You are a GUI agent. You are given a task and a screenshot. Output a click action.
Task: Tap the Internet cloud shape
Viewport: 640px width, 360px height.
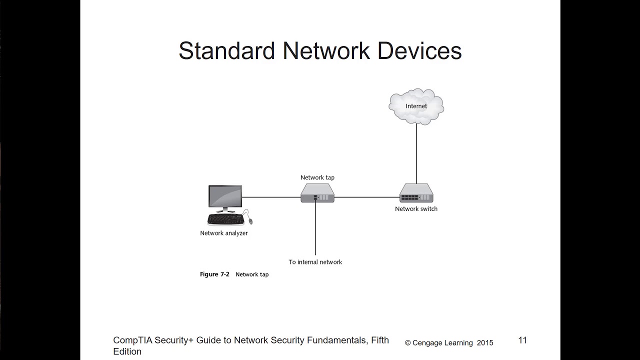pos(416,105)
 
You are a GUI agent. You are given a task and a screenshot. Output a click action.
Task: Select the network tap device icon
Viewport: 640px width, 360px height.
pos(317,192)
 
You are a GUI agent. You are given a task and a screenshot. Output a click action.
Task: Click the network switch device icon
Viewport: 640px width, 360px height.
pos(416,193)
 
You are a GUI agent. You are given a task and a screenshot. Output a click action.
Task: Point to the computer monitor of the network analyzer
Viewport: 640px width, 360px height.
pos(225,198)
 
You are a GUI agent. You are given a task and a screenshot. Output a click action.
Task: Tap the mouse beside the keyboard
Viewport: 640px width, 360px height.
pos(250,221)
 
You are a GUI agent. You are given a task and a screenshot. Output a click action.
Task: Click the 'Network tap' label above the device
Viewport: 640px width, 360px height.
pos(317,177)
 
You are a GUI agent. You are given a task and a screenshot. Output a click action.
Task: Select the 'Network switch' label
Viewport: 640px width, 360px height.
pos(416,209)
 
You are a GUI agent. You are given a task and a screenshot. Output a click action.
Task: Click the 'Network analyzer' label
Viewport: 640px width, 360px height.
pos(224,233)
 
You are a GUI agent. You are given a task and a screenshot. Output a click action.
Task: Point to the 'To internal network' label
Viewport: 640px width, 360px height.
pos(315,262)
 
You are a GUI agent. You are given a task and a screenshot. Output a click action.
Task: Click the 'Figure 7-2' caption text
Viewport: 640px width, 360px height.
pos(214,274)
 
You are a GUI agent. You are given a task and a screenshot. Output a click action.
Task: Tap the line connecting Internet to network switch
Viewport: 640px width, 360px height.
pos(416,152)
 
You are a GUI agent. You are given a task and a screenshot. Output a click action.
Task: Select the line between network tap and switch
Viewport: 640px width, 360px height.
pos(367,197)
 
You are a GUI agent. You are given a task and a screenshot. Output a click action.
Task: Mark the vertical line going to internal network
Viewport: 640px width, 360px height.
pos(315,230)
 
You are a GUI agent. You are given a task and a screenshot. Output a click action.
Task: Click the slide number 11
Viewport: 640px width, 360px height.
pos(522,340)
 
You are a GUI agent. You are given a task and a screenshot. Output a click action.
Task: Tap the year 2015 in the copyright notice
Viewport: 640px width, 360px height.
pos(485,343)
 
